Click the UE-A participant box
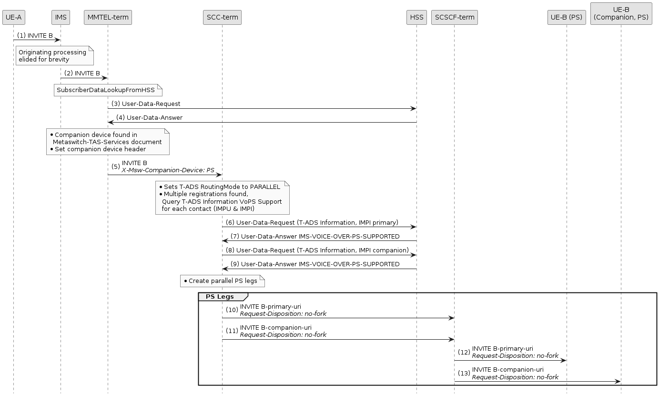[x=13, y=18]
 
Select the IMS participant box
[x=61, y=18]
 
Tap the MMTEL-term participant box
[x=108, y=18]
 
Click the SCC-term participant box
[x=222, y=18]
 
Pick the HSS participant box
[x=416, y=18]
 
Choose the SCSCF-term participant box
[x=454, y=18]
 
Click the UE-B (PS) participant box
[x=567, y=18]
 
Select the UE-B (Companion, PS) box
[x=621, y=13]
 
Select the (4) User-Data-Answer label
[x=149, y=117]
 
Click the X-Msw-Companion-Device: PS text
[x=168, y=170]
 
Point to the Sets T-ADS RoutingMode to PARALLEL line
[x=222, y=187]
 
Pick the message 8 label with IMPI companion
[x=317, y=250]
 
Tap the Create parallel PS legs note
[x=222, y=281]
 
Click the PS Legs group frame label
[x=220, y=297]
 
